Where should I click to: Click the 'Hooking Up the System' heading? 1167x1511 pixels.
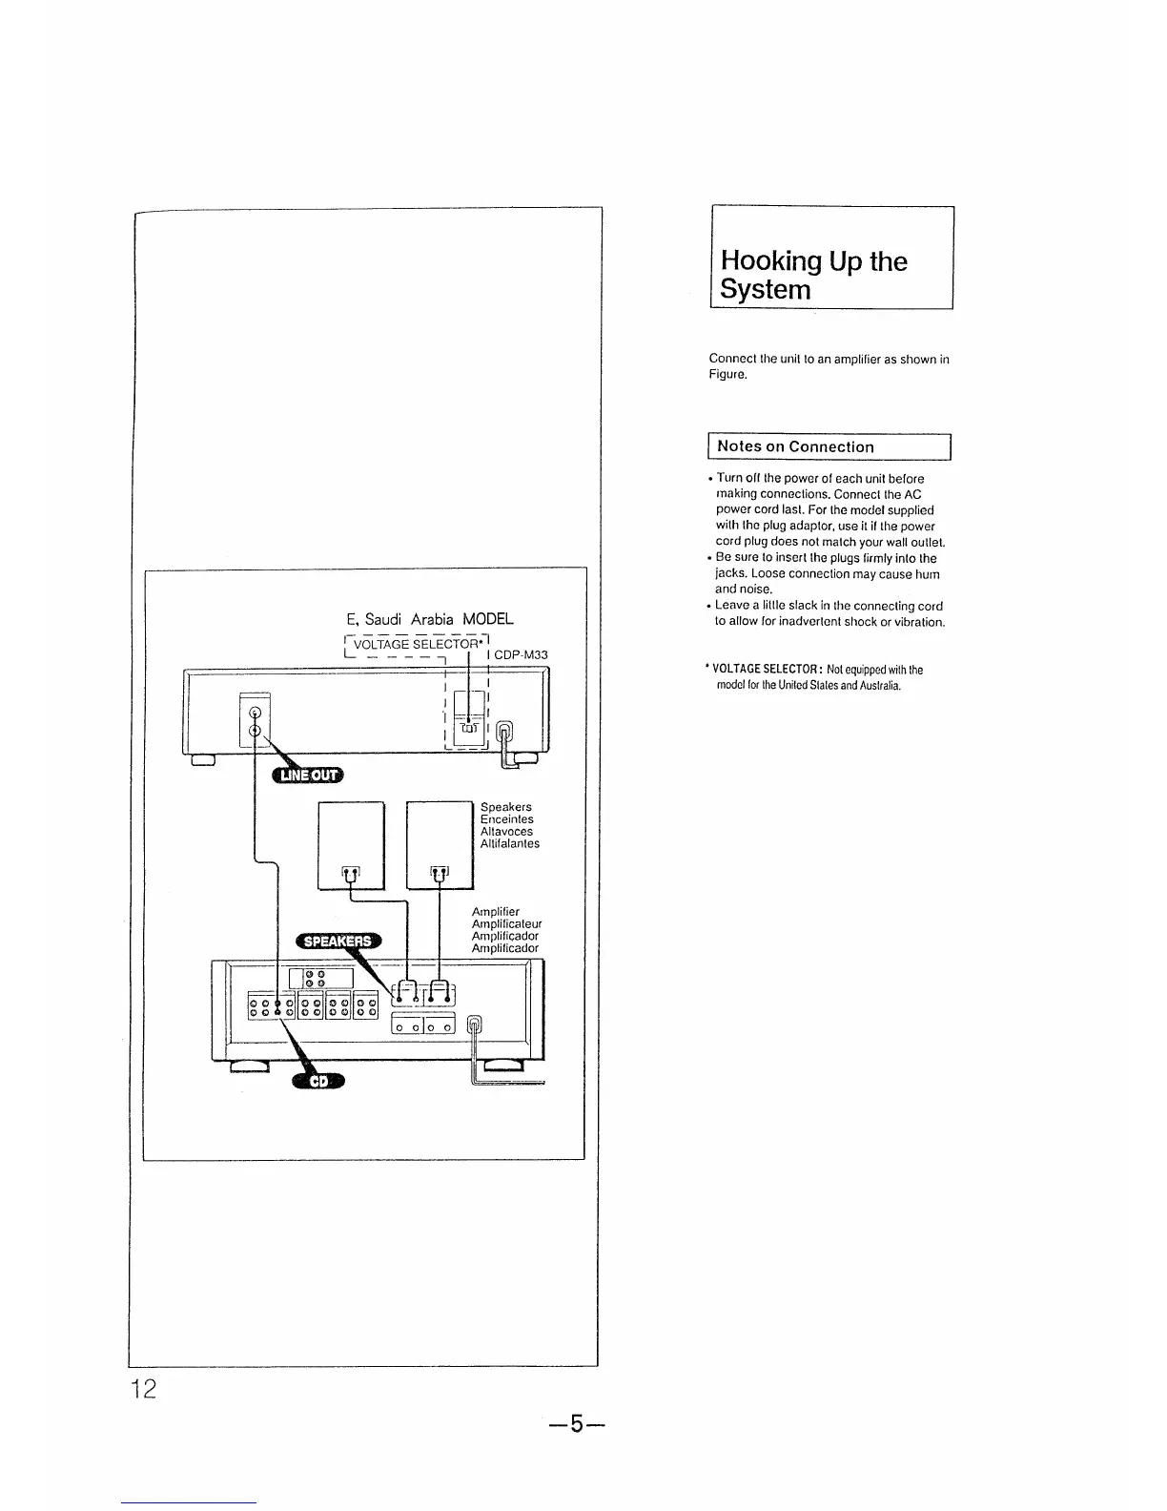click(x=813, y=275)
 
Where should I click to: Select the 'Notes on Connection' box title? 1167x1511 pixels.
click(x=795, y=446)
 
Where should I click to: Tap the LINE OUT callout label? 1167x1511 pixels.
click(x=307, y=775)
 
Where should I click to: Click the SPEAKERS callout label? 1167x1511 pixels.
click(x=337, y=942)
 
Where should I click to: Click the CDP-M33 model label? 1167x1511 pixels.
click(x=521, y=655)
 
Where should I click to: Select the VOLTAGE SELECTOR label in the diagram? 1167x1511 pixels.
click(x=415, y=644)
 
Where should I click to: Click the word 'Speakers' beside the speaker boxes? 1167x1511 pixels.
click(x=506, y=807)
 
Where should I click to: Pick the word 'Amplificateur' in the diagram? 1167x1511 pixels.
click(x=506, y=924)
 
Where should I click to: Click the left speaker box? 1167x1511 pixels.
click(x=350, y=845)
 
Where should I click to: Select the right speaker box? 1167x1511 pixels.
click(x=440, y=845)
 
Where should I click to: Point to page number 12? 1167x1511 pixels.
click(x=144, y=1388)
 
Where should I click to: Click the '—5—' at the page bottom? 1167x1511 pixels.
click(x=577, y=1425)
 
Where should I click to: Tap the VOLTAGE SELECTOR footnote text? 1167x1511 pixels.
click(x=816, y=677)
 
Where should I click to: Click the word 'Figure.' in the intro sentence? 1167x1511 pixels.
click(x=727, y=375)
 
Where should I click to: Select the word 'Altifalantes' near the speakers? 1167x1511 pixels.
click(x=510, y=843)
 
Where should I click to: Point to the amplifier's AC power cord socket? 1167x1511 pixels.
click(x=478, y=1026)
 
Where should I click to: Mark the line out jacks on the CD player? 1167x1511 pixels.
click(x=255, y=722)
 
